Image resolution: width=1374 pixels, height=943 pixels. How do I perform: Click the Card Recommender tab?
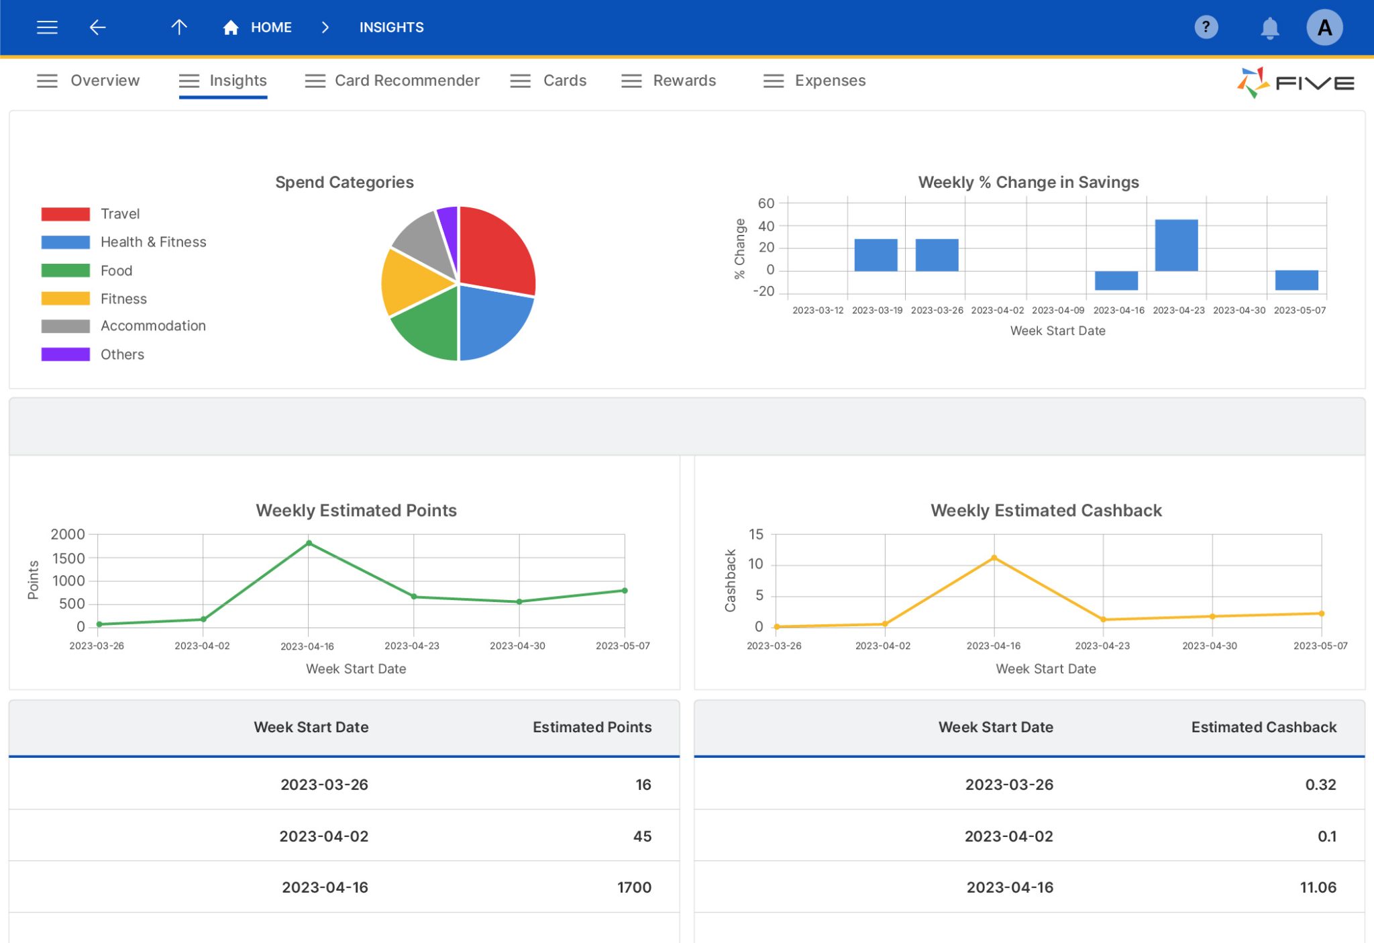tap(406, 81)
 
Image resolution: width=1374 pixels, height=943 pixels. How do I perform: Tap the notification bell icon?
tap(1269, 28)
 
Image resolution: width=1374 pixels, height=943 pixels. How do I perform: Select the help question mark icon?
tap(1206, 28)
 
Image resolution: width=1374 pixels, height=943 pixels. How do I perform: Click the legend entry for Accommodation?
tap(152, 326)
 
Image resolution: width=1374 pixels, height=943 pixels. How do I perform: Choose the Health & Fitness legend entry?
tap(152, 242)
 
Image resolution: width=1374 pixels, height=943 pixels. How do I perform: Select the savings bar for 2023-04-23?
tap(1176, 245)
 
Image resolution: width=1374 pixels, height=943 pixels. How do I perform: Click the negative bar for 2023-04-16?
tap(1116, 281)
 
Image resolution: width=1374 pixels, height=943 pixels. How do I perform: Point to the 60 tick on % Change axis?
tap(765, 203)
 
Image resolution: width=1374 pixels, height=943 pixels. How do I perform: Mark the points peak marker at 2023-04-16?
tap(309, 543)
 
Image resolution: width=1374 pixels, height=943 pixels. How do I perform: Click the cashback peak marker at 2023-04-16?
tap(994, 558)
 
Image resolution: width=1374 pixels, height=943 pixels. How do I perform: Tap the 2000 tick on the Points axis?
tap(68, 534)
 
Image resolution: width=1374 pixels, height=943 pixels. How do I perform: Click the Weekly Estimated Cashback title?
tap(1045, 510)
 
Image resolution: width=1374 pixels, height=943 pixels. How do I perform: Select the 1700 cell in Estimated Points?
tap(633, 887)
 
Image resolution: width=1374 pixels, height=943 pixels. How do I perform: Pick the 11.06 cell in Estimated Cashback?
tap(1318, 887)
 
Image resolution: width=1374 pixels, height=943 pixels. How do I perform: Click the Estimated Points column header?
tap(592, 727)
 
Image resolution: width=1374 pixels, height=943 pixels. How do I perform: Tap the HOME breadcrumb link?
tap(270, 28)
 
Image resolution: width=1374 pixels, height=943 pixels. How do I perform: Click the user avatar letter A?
tap(1324, 28)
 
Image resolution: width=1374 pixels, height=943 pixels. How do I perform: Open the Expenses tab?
tap(829, 81)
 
